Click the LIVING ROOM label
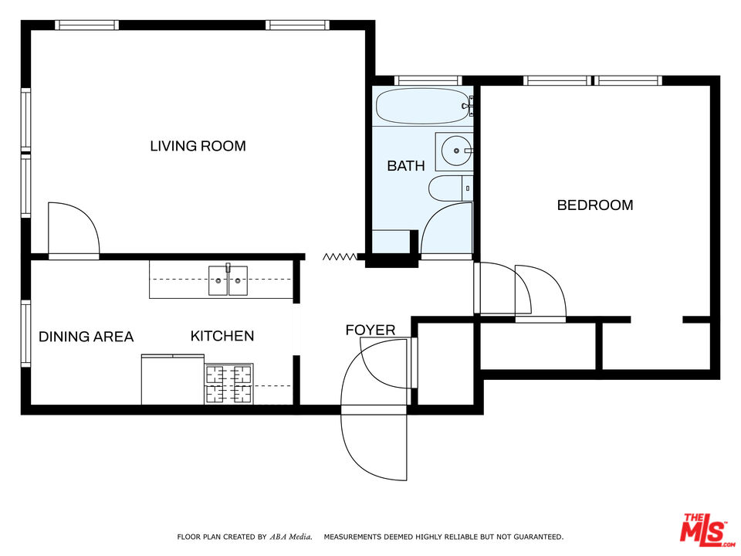198,146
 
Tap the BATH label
405,165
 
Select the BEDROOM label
595,205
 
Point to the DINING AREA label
86,337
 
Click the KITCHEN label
222,336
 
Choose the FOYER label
370,331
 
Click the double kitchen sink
228,280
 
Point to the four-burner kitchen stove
228,384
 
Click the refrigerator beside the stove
172,379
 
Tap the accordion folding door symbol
340,256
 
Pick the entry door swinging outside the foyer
373,446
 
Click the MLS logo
702,529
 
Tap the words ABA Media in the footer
291,536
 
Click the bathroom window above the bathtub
428,80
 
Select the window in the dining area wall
25,333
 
